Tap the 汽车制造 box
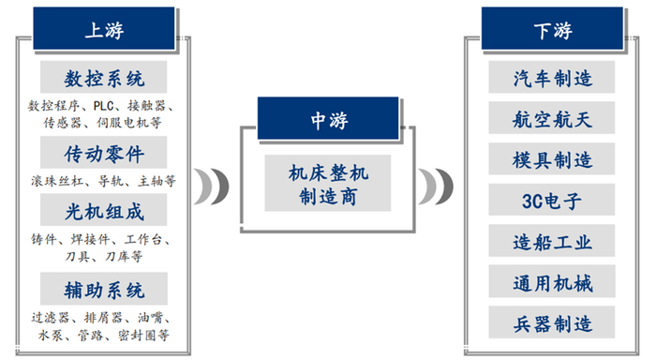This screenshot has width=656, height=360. (x=553, y=78)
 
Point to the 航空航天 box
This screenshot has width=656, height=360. (x=553, y=119)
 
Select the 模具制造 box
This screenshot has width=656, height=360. (x=553, y=160)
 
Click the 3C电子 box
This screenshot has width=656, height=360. (x=553, y=201)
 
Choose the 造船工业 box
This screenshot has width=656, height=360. (x=553, y=242)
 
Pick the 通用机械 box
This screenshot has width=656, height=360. (x=553, y=282)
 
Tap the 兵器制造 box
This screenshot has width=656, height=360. (x=553, y=324)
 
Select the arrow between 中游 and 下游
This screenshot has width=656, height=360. (x=433, y=186)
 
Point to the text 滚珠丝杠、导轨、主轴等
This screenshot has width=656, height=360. (x=103, y=180)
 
